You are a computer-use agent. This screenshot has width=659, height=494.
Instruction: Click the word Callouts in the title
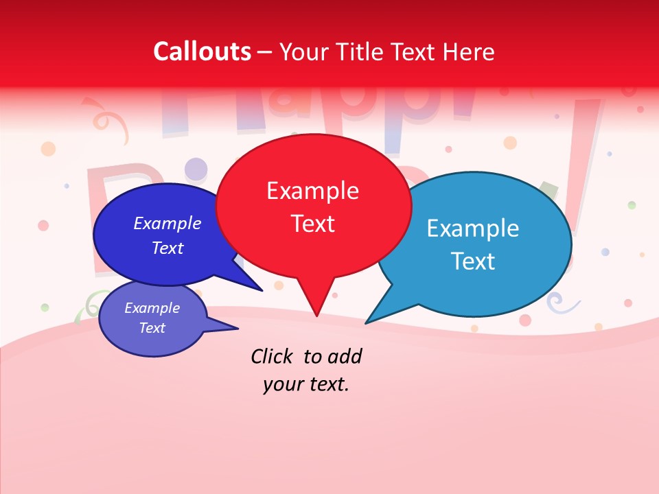coord(202,51)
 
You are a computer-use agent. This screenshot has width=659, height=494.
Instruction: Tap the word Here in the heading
coord(468,51)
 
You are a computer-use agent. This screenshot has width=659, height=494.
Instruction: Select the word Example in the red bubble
coord(312,191)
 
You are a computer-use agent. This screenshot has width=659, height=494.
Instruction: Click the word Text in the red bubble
coord(312,224)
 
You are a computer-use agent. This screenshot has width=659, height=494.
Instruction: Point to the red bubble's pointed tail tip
coord(316,316)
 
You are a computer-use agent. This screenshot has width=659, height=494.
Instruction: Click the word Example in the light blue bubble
coord(473,228)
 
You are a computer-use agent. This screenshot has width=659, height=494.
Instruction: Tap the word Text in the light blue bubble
coord(473,261)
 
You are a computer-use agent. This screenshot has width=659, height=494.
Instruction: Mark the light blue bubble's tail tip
coord(366,323)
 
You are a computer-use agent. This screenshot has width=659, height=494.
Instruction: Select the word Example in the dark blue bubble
coord(167,223)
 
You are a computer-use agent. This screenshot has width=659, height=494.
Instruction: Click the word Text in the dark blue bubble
coord(167,248)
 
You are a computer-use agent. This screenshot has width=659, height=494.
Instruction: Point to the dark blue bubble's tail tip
coord(263,291)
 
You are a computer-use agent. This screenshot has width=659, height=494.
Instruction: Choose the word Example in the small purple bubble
coord(152,308)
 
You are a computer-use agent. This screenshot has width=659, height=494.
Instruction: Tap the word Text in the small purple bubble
coord(152,328)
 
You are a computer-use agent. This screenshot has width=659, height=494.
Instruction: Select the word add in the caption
coord(345,356)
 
